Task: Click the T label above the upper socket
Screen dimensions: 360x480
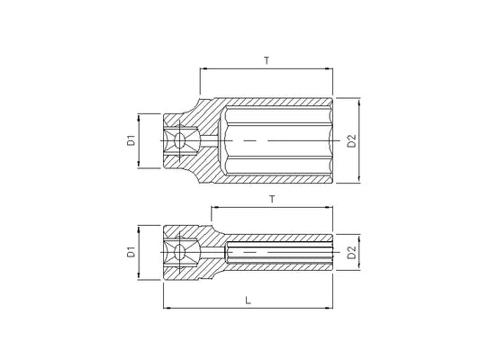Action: [267, 60]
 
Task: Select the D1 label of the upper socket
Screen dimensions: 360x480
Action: [131, 139]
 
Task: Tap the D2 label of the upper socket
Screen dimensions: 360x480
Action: [353, 140]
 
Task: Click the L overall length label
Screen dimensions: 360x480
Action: [248, 301]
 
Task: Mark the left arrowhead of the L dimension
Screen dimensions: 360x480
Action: [167, 308]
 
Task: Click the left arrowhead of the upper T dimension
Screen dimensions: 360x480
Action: [203, 68]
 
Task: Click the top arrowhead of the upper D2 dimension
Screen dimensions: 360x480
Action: [359, 100]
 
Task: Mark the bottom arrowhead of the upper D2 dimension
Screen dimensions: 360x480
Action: [359, 180]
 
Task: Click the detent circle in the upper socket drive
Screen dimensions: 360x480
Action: [180, 140]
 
